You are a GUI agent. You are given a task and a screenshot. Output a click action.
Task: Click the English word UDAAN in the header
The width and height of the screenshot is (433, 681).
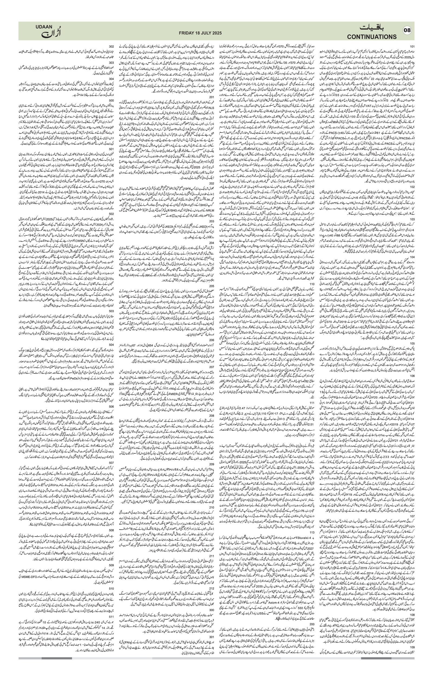44,27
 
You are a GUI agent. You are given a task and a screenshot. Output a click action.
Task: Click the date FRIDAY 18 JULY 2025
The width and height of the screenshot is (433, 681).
200,33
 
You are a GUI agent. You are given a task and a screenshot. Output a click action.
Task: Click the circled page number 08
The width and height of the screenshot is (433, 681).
407,31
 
